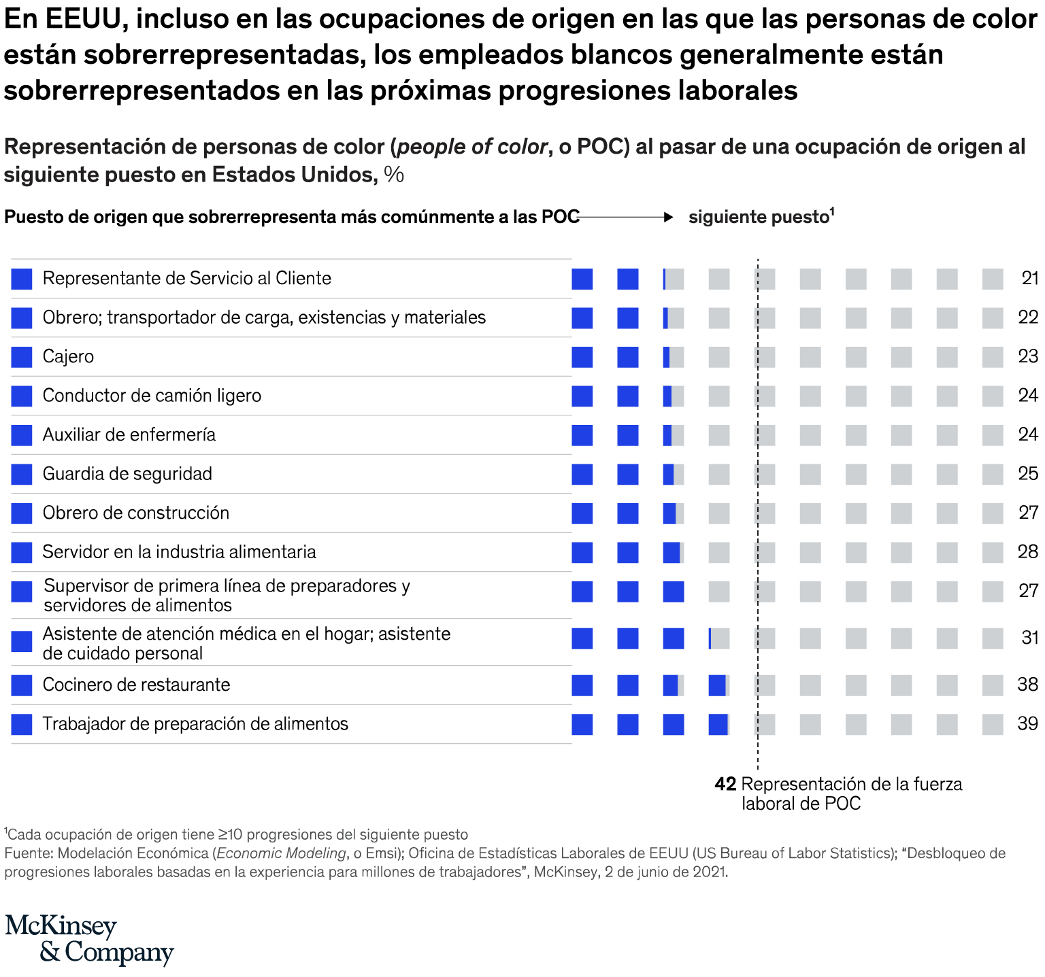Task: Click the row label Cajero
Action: coord(68,356)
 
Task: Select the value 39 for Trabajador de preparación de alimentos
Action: coord(1027,723)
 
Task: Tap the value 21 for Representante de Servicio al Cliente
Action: coord(1029,278)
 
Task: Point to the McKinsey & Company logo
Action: coord(89,939)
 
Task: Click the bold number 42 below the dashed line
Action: coord(725,785)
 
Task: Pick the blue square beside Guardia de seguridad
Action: coord(22,474)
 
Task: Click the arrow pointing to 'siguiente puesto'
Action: coord(626,217)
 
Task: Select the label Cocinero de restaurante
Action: coord(136,685)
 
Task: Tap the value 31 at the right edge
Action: coord(1029,638)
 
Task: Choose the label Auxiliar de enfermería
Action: coord(129,434)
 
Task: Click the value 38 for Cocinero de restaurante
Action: coord(1027,685)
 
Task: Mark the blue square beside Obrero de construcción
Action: coord(22,513)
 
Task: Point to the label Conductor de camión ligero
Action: coord(152,396)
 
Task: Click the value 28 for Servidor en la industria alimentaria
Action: coord(1027,551)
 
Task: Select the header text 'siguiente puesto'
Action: coord(758,217)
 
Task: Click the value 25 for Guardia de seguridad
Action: coord(1027,474)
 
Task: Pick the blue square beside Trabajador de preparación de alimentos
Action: coord(22,724)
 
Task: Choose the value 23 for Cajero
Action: coord(1027,356)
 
